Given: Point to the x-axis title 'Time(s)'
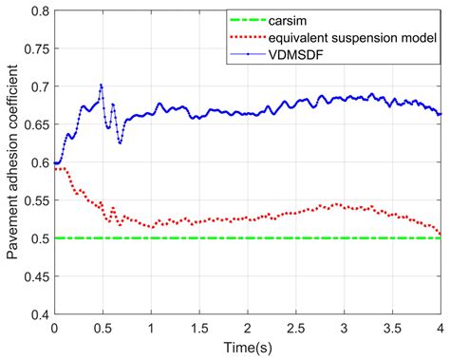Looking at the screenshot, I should [x=247, y=350].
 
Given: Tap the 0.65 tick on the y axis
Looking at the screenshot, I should [x=37, y=124].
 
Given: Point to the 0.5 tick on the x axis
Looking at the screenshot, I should [x=102, y=327].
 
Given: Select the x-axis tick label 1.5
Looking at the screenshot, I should [x=198, y=327].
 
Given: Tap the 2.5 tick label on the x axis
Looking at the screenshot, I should [x=295, y=327].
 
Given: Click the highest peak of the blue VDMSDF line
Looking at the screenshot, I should [x=101, y=85].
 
